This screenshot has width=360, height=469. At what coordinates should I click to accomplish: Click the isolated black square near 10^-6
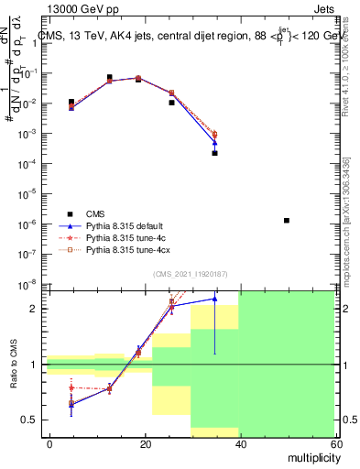click(287, 220)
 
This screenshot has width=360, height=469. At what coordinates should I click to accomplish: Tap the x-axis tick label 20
click(145, 442)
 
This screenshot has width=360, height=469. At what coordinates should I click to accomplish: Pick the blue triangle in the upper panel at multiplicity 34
click(214, 142)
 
